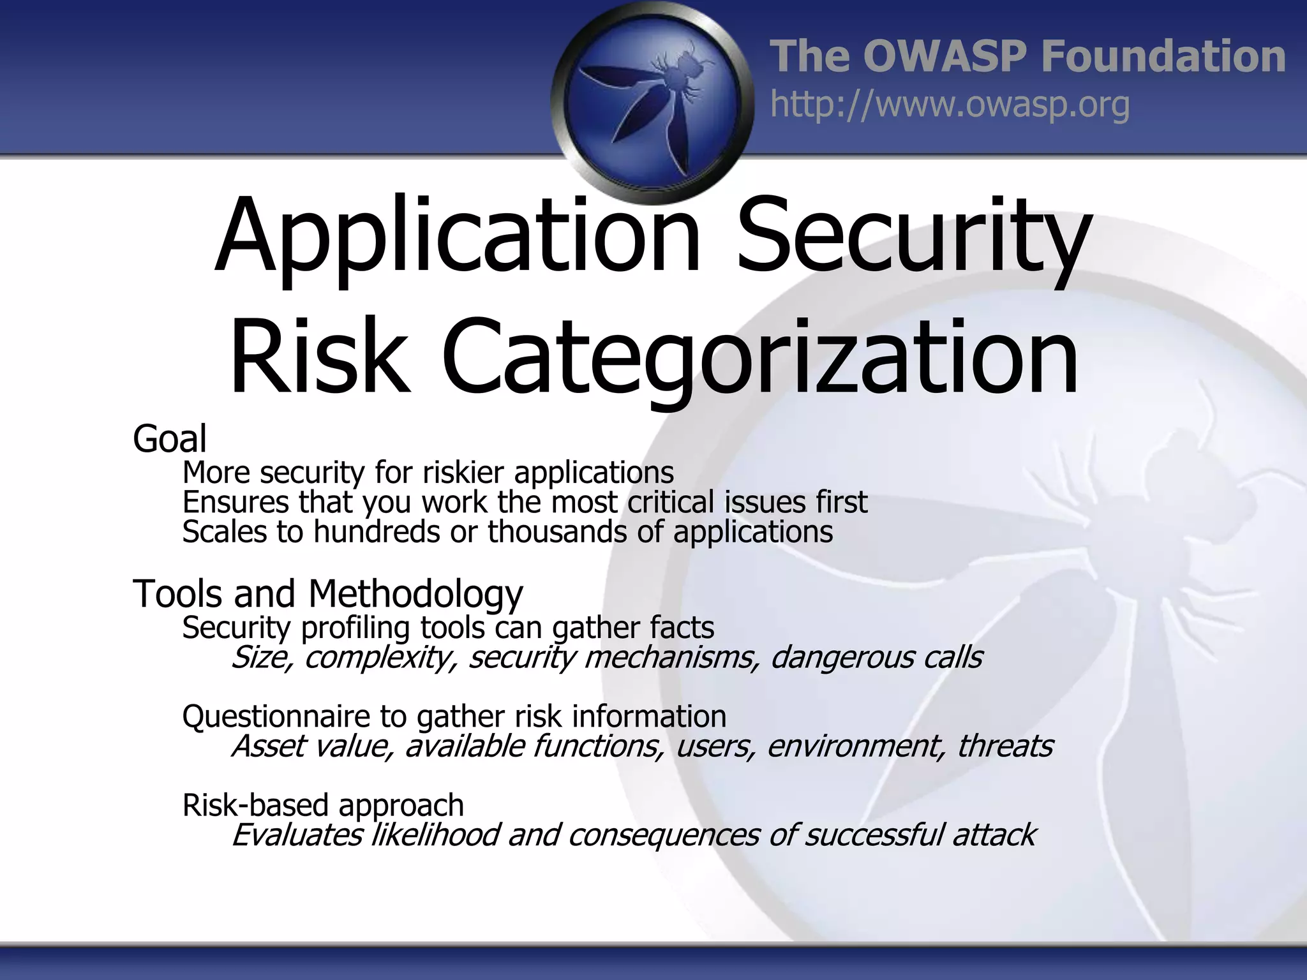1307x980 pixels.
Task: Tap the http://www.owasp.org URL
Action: point(950,105)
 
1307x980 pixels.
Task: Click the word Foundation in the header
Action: point(1163,56)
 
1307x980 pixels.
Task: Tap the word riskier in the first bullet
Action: point(463,473)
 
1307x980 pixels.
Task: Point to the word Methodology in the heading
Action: point(415,594)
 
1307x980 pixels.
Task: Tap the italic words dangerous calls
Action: point(876,657)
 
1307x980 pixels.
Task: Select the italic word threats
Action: point(1005,746)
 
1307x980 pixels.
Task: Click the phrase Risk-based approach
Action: point(323,805)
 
